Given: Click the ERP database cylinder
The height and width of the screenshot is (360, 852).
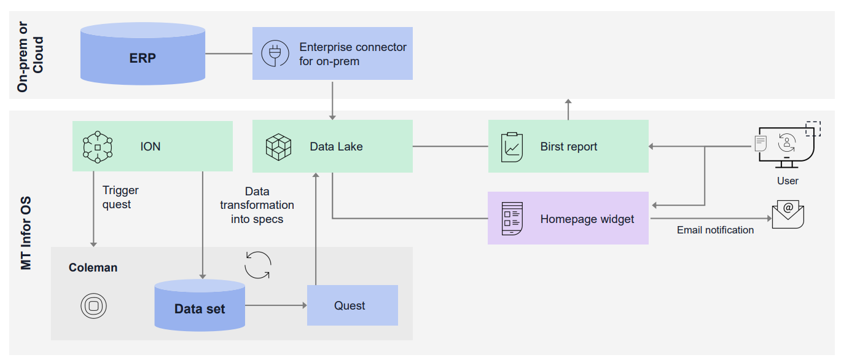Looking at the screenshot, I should point(143,55).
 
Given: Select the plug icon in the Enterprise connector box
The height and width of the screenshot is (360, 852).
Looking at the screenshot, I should point(275,53).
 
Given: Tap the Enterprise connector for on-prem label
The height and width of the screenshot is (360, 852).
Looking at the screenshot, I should point(353,54).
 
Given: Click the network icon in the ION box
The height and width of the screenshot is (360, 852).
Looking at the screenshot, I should point(97,147).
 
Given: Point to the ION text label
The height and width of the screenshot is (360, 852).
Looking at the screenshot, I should point(150,147).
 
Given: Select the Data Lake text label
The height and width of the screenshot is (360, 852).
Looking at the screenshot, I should point(336,147).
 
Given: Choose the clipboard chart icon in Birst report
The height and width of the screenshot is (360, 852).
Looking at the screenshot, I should point(512,147).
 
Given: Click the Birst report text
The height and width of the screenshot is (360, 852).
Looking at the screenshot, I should point(568,147).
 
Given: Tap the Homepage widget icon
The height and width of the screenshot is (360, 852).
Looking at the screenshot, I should point(512,218).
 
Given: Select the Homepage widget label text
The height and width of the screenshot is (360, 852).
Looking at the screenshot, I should point(587,219).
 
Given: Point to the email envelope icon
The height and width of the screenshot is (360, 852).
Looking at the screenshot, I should point(788,215).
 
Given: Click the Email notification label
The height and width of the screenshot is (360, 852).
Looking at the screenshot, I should point(715,230).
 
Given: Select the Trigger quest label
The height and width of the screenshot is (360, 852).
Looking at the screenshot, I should point(120,197).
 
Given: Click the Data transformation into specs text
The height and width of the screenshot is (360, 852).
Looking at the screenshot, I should point(257,205).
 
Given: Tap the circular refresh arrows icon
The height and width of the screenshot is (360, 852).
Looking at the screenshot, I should point(257,265).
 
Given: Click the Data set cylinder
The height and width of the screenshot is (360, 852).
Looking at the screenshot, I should point(200,305).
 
